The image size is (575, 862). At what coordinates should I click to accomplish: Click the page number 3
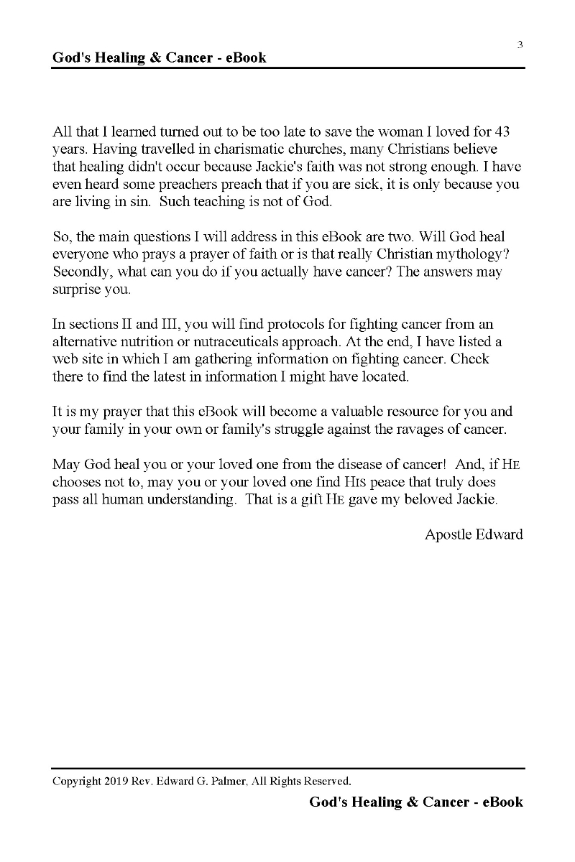point(520,45)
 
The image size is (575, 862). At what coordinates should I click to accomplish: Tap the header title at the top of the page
point(159,57)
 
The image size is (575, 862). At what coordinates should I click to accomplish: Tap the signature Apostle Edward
point(474,534)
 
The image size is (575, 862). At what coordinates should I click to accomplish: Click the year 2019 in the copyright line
point(114,781)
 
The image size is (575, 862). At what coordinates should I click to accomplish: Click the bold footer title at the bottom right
point(416,802)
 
